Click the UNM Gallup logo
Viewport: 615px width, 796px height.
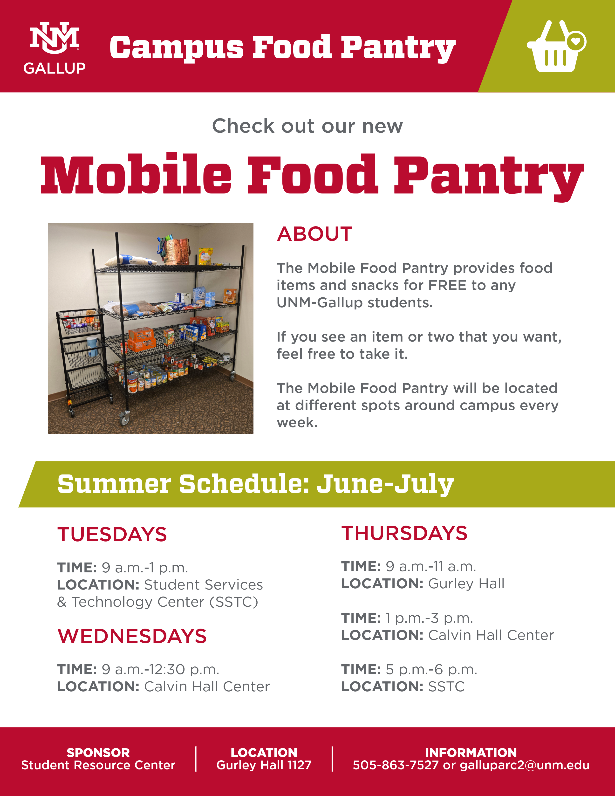(x=54, y=48)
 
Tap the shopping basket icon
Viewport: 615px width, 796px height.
(x=556, y=46)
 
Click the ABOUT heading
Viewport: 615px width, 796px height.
(x=314, y=234)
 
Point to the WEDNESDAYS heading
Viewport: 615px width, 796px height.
(x=132, y=636)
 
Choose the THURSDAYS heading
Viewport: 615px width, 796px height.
(x=404, y=533)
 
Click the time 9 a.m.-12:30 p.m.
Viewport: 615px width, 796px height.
(x=160, y=670)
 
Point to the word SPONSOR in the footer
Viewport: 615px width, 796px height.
(x=98, y=753)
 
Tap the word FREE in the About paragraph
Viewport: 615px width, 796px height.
(x=447, y=285)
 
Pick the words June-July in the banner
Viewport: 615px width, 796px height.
(x=385, y=485)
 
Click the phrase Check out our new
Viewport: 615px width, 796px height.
(x=307, y=126)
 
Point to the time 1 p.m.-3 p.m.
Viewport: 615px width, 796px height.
(x=429, y=618)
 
